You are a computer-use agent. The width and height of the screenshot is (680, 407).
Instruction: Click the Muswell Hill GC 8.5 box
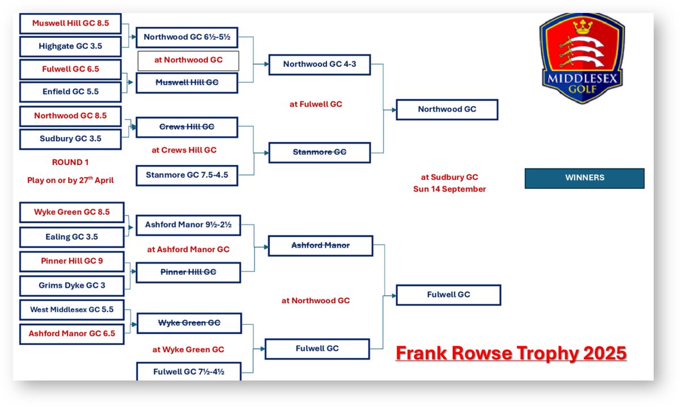[70, 24]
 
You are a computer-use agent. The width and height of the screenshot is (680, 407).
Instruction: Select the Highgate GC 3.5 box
[70, 46]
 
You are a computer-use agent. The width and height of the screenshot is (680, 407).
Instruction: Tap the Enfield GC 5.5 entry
[70, 91]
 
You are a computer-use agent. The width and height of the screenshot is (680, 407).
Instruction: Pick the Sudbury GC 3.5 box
[70, 139]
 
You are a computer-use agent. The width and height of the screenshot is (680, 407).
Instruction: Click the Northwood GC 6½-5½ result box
[187, 37]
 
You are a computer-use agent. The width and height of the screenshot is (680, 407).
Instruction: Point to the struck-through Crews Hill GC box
[187, 127]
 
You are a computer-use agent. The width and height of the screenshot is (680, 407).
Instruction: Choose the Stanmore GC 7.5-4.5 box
[187, 175]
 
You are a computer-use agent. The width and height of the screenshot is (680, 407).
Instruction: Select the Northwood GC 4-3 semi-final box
[320, 64]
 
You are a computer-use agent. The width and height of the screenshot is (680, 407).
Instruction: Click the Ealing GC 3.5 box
[71, 237]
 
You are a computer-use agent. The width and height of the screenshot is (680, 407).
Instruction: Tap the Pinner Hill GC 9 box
[71, 262]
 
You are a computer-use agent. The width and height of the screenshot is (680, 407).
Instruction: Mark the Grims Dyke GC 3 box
[71, 285]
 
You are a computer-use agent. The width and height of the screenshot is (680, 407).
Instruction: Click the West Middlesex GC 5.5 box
[71, 310]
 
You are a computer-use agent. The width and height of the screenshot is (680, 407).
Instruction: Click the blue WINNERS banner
[584, 178]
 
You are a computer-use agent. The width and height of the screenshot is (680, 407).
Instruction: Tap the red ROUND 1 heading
[70, 162]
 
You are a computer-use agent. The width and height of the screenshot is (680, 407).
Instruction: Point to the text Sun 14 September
[449, 189]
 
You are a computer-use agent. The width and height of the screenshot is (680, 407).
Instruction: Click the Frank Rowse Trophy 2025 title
[511, 353]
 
